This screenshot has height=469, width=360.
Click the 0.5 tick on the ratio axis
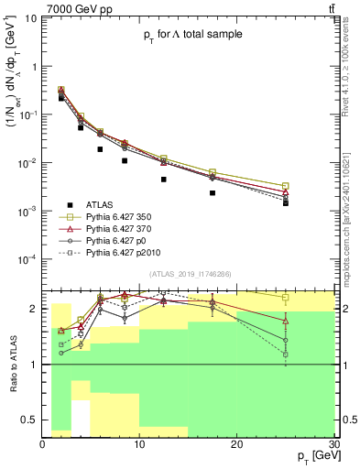pyautogui.click(x=32, y=420)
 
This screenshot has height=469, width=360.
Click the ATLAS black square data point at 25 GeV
pyautogui.click(x=286, y=202)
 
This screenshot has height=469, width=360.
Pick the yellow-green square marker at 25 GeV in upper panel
pyautogui.click(x=286, y=186)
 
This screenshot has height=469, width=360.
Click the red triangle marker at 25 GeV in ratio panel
pyautogui.click(x=286, y=322)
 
